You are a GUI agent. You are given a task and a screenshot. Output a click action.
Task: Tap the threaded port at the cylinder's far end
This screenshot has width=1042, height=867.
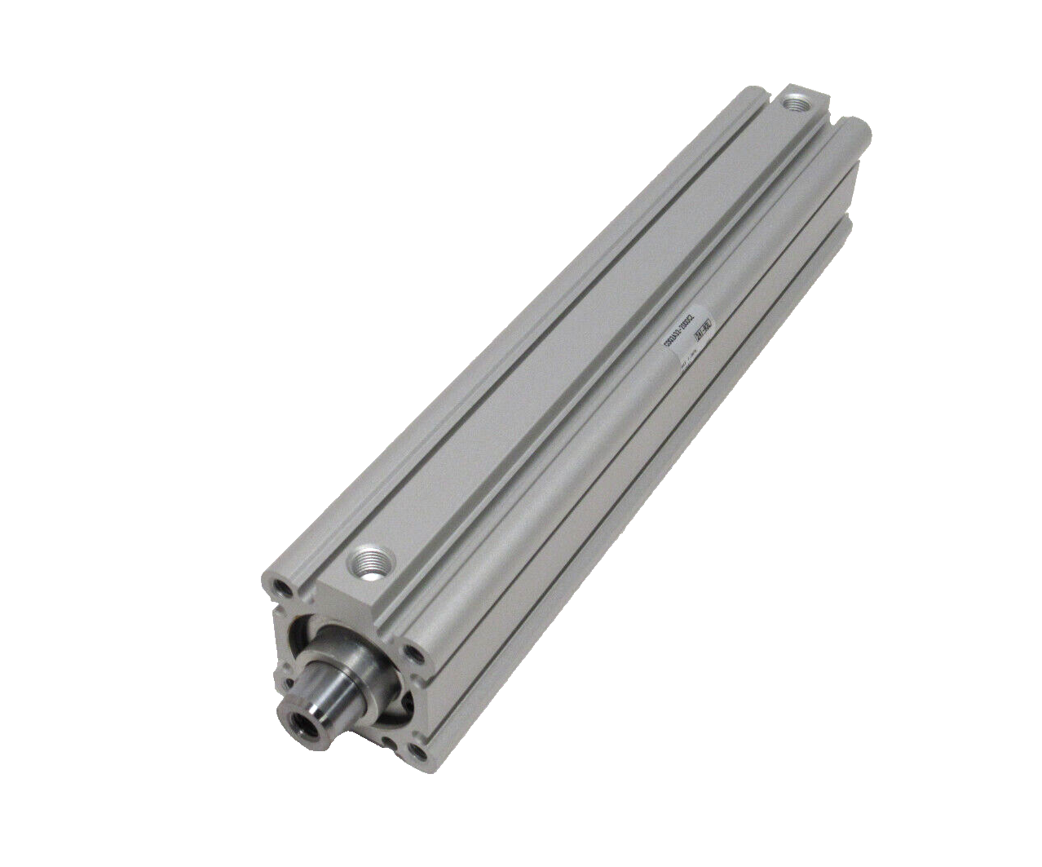[x=793, y=104]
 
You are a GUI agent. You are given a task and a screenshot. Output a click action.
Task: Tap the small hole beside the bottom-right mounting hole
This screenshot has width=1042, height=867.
[x=397, y=743]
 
